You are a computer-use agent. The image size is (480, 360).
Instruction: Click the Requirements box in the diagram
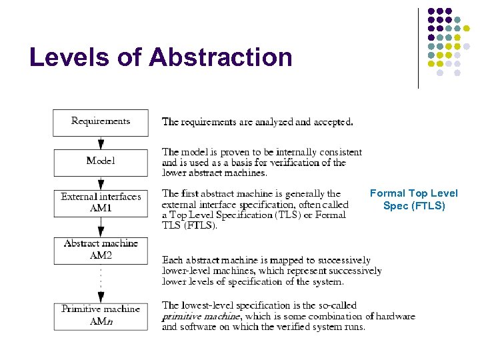pyautogui.click(x=101, y=122)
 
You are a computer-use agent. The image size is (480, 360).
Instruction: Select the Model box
pyautogui.click(x=101, y=161)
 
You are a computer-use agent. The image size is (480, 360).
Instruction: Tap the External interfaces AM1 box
pyautogui.click(x=101, y=203)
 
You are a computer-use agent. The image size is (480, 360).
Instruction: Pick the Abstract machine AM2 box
pyautogui.click(x=101, y=249)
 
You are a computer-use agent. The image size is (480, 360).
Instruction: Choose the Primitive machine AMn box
pyautogui.click(x=101, y=315)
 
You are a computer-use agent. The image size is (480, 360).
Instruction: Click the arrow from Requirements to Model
pyautogui.click(x=101, y=143)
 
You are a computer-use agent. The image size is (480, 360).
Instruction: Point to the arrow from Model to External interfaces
pyautogui.click(x=101, y=183)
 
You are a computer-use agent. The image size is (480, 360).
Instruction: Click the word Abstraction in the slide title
pyautogui.click(x=221, y=57)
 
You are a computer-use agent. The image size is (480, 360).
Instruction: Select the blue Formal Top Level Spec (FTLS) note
pyautogui.click(x=414, y=199)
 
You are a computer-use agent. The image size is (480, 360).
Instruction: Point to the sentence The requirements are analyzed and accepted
pyautogui.click(x=257, y=122)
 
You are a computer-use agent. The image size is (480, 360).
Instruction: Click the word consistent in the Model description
pyautogui.click(x=340, y=153)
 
